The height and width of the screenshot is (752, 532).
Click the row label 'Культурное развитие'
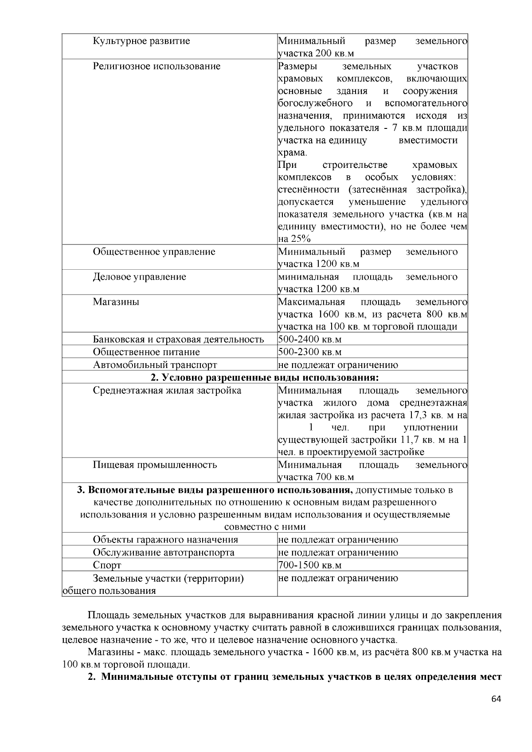pos(141,41)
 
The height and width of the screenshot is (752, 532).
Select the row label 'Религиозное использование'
pos(156,66)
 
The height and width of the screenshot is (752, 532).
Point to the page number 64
pos(496,699)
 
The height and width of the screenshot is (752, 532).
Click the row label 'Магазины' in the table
pos(116,302)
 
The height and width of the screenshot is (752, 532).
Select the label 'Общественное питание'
pos(146,353)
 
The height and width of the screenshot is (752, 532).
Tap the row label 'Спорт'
pos(107,566)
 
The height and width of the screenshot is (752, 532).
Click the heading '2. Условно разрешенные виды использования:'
pos(265,378)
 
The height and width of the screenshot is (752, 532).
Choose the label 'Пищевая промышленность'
pos(155,465)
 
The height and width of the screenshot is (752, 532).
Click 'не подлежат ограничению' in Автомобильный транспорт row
pos(338,365)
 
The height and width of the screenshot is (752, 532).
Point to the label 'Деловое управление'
pos(139,277)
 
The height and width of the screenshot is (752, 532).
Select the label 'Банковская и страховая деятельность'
pos(178,340)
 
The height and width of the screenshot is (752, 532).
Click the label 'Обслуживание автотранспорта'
pos(164,553)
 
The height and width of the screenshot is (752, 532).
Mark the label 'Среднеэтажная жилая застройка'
pos(167,391)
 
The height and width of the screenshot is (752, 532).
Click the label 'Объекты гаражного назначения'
pos(165,540)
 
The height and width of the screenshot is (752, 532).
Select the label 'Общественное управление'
pos(154,252)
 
